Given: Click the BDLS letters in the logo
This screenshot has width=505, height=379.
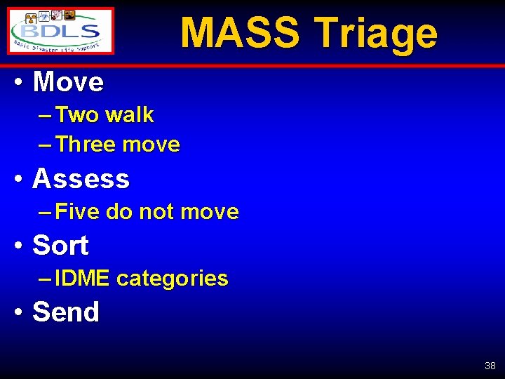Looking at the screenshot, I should click(x=62, y=32).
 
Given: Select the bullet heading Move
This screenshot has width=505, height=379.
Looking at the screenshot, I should click(x=68, y=83).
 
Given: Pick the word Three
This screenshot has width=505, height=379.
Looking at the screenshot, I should click(x=86, y=145).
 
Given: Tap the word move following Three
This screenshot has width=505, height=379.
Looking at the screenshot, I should click(x=151, y=145).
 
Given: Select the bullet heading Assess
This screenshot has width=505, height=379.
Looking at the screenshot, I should click(x=81, y=179).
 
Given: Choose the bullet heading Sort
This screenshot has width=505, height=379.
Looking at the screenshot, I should click(x=60, y=246).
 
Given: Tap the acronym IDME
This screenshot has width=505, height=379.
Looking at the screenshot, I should click(x=82, y=279).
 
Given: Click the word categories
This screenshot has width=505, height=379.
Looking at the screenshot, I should click(x=172, y=279).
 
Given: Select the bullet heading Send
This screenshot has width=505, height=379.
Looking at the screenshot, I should click(x=66, y=312).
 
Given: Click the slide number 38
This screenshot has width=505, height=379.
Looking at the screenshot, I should click(x=490, y=366).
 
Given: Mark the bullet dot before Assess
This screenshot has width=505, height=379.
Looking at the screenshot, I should click(x=20, y=179).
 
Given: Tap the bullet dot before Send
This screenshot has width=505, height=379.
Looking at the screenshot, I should click(x=20, y=312).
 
